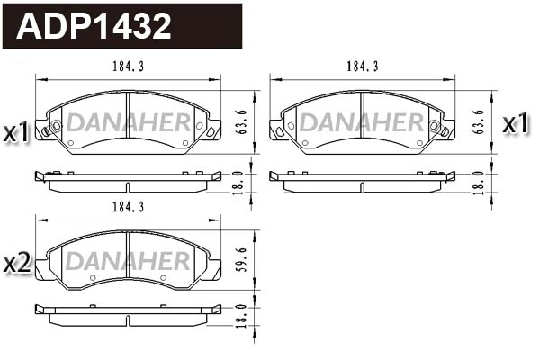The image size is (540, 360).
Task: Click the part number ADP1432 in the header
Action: click(94, 27)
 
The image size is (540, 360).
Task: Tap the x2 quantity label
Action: click(18, 263)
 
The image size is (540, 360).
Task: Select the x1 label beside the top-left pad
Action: click(18, 133)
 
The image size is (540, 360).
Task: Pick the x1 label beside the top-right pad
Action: click(515, 124)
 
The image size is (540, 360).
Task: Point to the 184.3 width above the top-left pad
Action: click(128, 67)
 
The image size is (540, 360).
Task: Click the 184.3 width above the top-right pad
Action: click(362, 67)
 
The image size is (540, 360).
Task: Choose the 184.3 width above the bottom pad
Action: click(128, 206)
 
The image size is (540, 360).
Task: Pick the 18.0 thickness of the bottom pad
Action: click(238, 317)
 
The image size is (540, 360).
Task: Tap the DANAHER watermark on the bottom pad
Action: click(128, 261)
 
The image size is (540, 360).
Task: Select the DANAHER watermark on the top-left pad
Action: click(128, 122)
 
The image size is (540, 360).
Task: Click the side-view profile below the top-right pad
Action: click(362, 182)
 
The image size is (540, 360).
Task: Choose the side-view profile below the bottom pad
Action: click(128, 315)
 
